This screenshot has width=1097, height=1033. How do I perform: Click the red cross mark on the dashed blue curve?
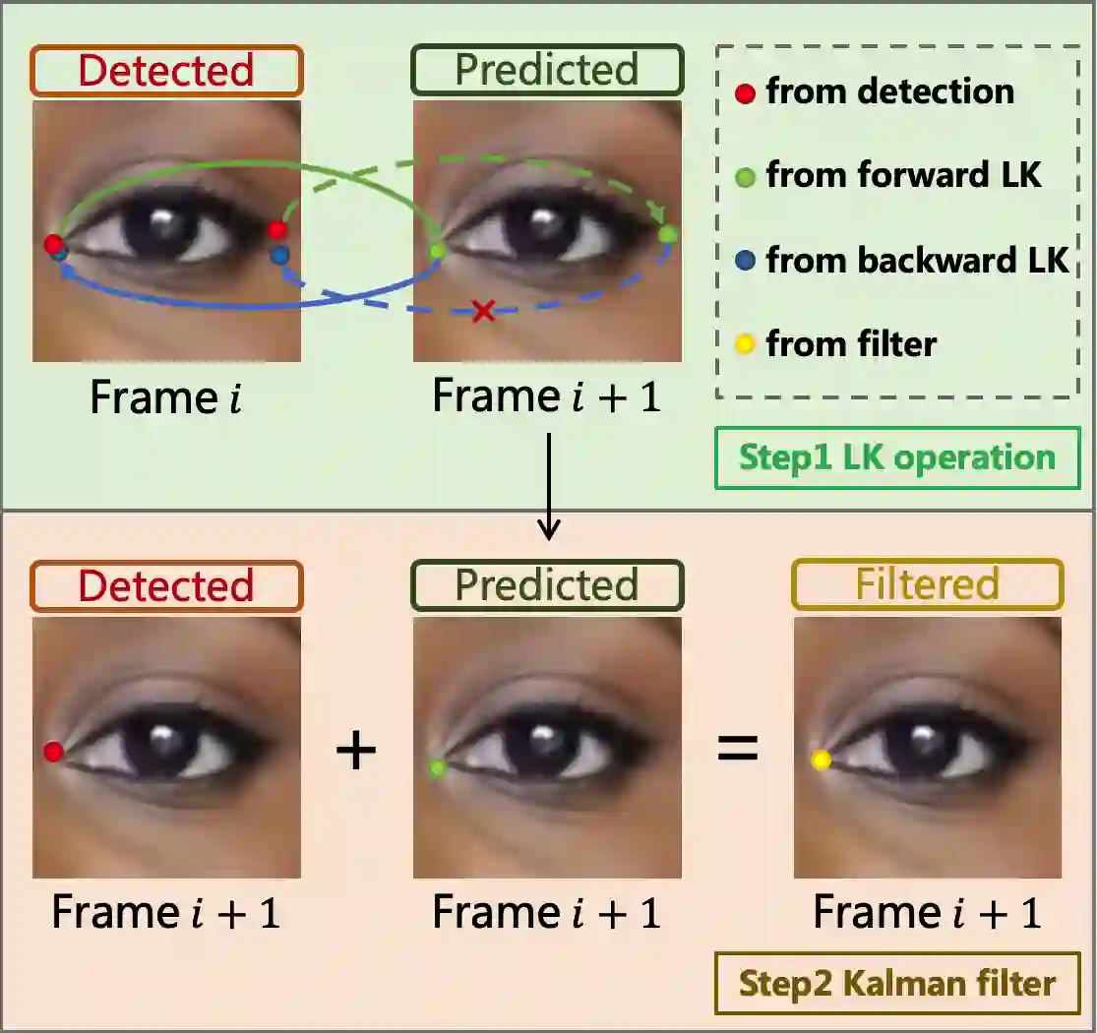click(x=483, y=312)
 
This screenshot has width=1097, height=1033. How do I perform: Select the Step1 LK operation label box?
click(x=896, y=457)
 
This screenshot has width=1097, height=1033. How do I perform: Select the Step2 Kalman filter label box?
click(x=896, y=983)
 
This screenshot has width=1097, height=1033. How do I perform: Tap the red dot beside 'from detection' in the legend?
click(x=746, y=93)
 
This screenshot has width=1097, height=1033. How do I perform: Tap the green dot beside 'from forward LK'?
click(x=746, y=178)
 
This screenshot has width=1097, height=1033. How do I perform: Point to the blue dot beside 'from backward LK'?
click(x=746, y=262)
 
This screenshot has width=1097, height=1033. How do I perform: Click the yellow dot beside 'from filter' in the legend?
click(x=746, y=344)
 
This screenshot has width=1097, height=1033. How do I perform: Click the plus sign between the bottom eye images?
click(x=356, y=751)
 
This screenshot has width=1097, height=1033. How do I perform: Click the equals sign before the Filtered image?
click(x=737, y=750)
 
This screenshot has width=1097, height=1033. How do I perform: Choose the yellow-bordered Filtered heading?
click(x=928, y=585)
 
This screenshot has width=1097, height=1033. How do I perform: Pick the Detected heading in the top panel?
click(x=166, y=71)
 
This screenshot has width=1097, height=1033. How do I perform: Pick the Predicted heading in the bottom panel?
click(x=547, y=585)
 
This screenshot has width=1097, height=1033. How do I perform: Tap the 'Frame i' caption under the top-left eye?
click(x=166, y=396)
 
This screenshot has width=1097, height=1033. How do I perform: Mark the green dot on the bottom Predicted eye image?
click(x=438, y=766)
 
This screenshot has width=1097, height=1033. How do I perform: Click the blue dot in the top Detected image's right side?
click(x=280, y=255)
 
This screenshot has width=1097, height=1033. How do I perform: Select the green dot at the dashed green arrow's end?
click(x=668, y=234)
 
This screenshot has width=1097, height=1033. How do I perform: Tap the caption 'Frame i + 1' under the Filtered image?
click(x=928, y=913)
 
